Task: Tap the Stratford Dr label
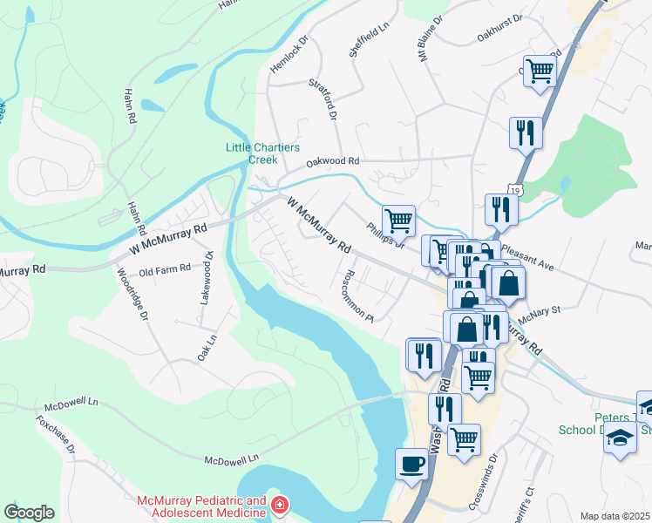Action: pyautogui.click(x=322, y=98)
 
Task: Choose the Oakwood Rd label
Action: pyautogui.click(x=332, y=161)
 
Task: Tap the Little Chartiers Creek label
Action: pyautogui.click(x=251, y=153)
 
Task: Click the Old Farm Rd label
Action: pyautogui.click(x=165, y=270)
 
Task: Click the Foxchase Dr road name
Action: pyautogui.click(x=55, y=433)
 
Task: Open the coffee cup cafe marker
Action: pyautogui.click(x=411, y=464)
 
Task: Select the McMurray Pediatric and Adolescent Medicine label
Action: pyautogui.click(x=201, y=506)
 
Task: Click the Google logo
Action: pyautogui.click(x=29, y=513)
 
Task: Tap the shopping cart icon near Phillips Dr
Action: pyautogui.click(x=398, y=221)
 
